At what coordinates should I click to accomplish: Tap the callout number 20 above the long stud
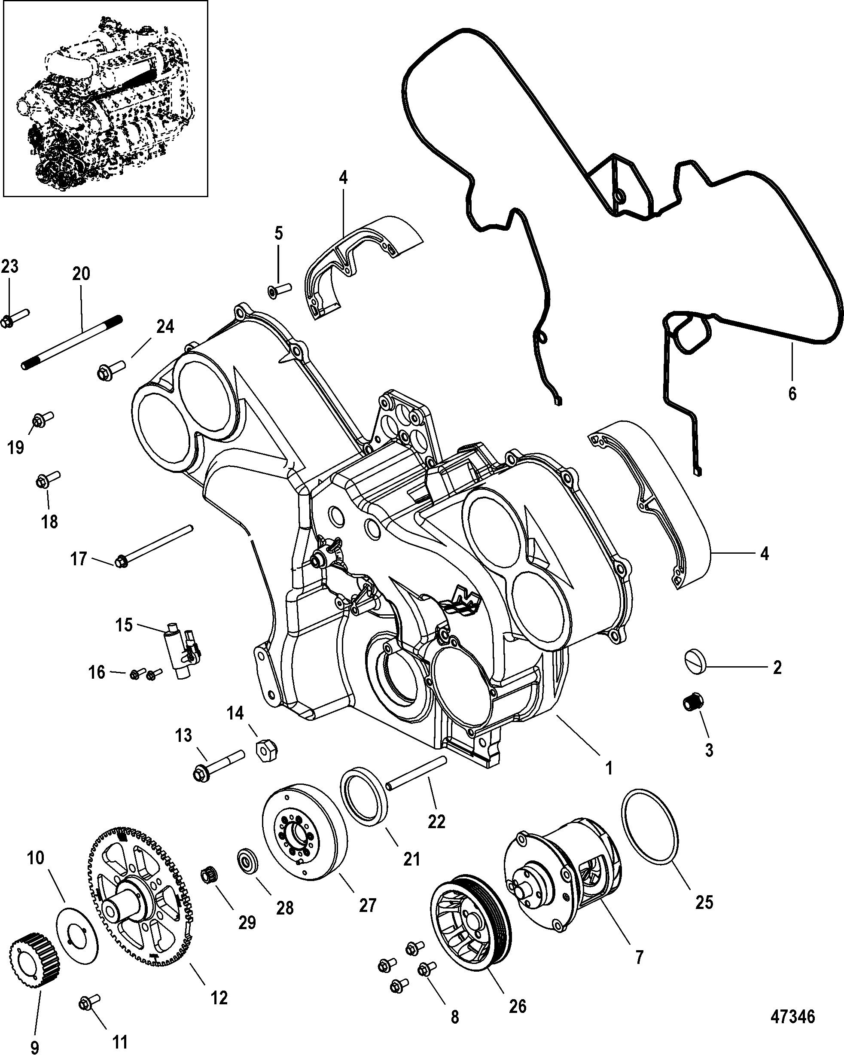[81, 274]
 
